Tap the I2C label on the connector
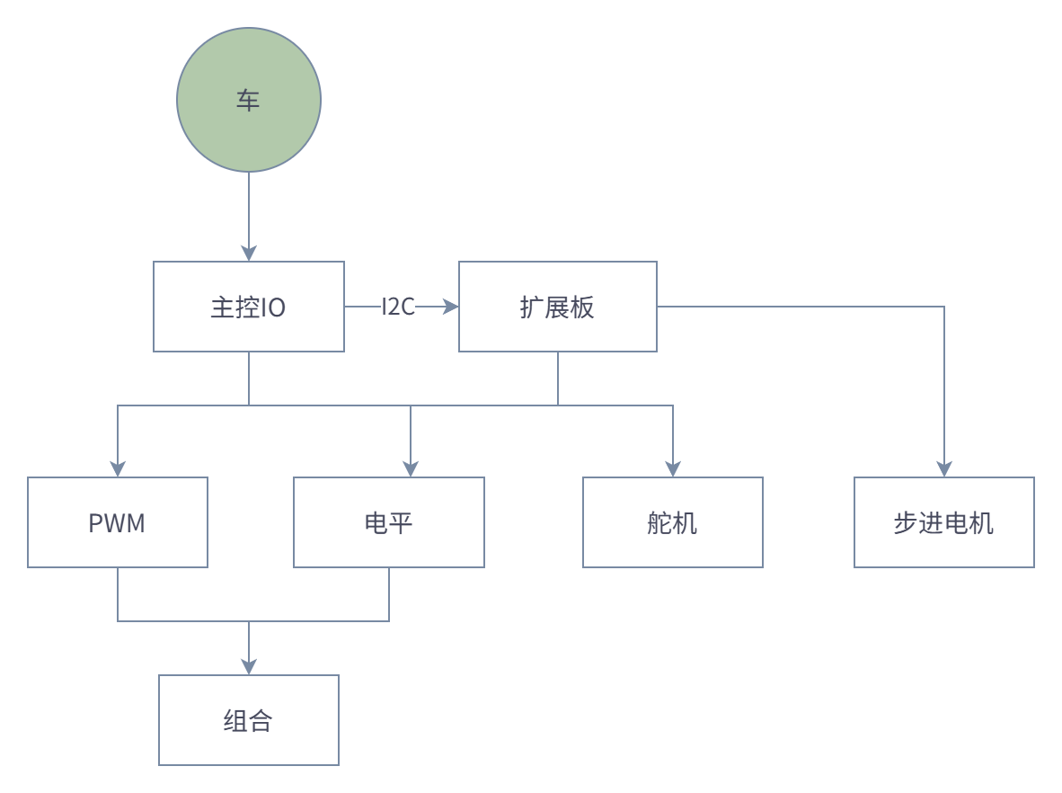[398, 307]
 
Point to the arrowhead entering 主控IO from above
[249, 253]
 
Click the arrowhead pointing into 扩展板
[450, 307]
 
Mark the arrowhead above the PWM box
[118, 468]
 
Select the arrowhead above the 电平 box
[411, 468]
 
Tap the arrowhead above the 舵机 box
[673, 468]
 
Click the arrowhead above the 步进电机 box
[944, 468]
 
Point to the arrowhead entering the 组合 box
[249, 666]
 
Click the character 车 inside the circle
[248, 100]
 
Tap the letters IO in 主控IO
[273, 307]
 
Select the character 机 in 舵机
[685, 523]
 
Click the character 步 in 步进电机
[906, 523]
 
